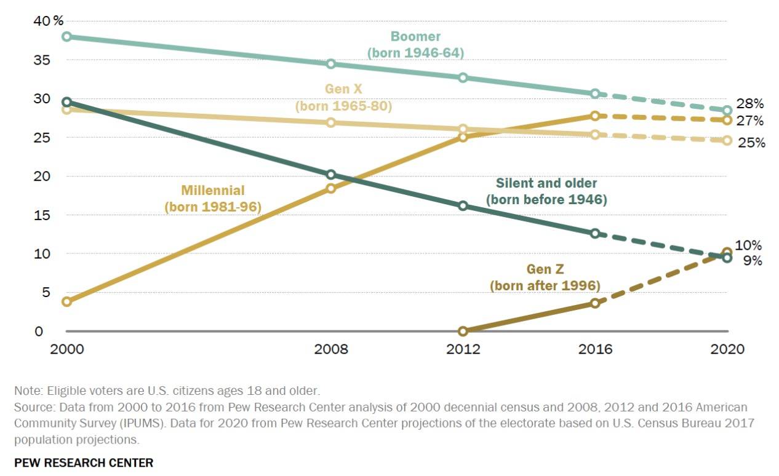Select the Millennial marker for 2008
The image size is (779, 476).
(x=330, y=188)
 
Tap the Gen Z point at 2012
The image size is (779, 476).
(x=463, y=331)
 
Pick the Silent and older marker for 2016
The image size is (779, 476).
(x=595, y=234)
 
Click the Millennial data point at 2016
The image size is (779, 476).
(x=595, y=116)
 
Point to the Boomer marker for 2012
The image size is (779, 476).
(x=463, y=77)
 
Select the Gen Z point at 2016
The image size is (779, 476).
(x=595, y=303)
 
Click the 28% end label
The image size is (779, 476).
(x=751, y=103)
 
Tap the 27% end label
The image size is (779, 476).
(x=751, y=121)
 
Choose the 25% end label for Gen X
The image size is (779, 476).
(x=752, y=143)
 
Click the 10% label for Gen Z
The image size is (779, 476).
(x=748, y=245)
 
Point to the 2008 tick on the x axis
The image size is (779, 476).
(x=331, y=349)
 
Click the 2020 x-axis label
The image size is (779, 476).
(x=727, y=349)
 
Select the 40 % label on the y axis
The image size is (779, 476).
(x=49, y=21)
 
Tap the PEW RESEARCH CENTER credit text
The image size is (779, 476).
(x=84, y=462)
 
